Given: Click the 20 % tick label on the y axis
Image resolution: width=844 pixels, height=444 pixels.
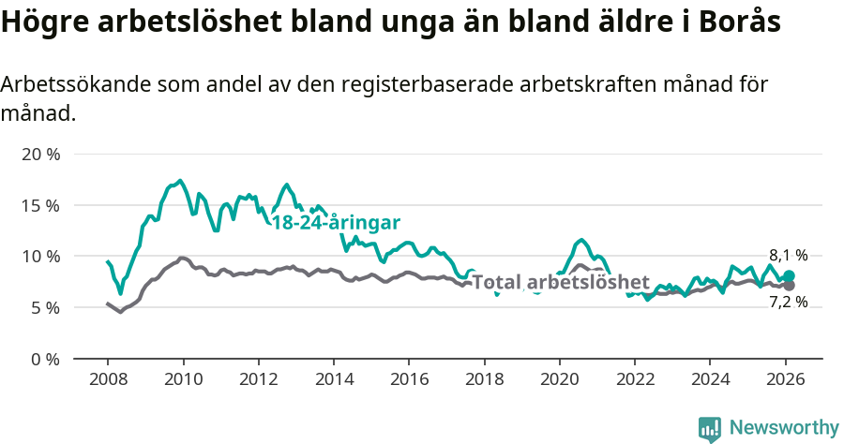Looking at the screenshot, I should (x=40, y=154).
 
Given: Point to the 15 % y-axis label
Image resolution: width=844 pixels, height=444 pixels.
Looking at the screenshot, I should (x=40, y=205).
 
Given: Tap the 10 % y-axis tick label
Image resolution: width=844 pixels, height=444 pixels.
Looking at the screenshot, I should (x=40, y=256).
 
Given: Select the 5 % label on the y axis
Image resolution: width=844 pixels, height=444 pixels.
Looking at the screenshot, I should (x=45, y=307).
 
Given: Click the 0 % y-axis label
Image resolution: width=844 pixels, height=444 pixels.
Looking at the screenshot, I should (x=45, y=359).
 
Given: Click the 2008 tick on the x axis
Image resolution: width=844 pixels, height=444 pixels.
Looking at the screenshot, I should (x=108, y=379).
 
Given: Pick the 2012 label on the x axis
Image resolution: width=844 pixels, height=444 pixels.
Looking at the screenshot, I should (x=258, y=379).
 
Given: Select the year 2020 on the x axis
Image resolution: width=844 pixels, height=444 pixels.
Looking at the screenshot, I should (x=559, y=379).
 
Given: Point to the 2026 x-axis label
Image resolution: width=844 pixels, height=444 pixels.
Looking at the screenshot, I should (x=785, y=379).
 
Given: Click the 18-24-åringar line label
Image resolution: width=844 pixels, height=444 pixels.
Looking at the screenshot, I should (x=336, y=223).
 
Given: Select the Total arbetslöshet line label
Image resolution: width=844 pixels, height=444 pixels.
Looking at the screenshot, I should (x=560, y=282).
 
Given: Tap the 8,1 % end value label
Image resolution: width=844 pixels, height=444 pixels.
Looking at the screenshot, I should (x=788, y=255).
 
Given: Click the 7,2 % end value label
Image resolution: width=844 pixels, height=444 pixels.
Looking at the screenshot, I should (x=788, y=302).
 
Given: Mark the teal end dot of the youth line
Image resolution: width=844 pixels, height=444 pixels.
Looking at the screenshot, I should (x=789, y=275).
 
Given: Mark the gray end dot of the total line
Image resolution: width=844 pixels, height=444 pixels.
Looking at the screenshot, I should (x=789, y=285).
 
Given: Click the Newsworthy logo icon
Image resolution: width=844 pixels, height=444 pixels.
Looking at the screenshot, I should (x=710, y=428).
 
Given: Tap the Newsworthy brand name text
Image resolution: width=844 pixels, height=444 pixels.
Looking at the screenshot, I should (x=784, y=428).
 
